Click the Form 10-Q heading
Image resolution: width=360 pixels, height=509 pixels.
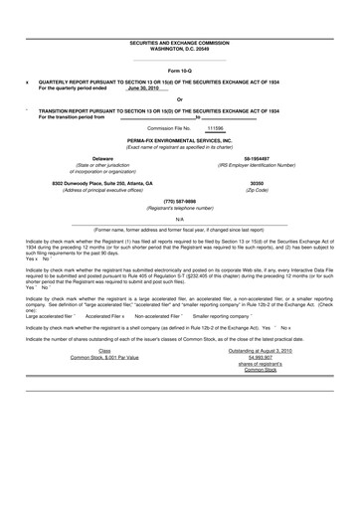[x=179, y=72]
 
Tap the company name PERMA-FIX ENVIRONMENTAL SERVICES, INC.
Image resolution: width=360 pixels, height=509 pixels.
[x=179, y=140]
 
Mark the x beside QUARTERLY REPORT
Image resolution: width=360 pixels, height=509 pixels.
[x=26, y=83]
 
